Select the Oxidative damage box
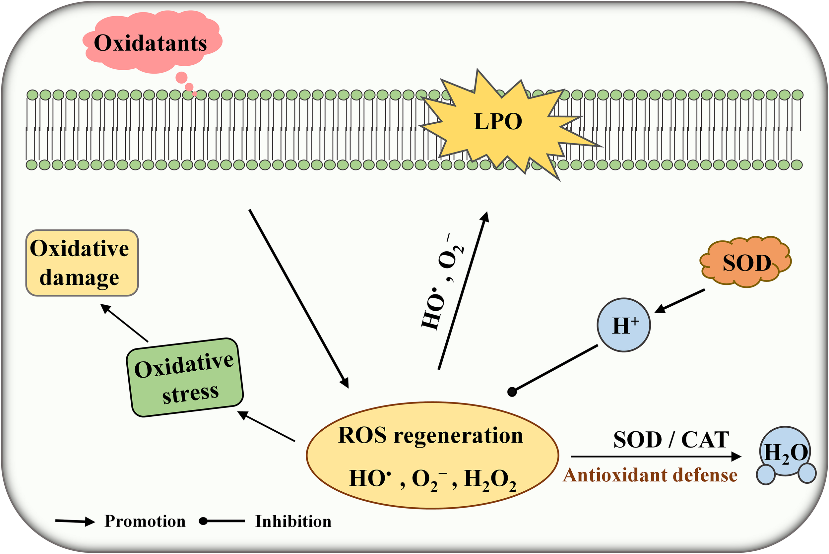coord(82,263)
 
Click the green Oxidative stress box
coord(185,377)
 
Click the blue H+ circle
coord(624,325)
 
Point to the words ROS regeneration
coord(430,435)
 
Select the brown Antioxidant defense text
coord(650,475)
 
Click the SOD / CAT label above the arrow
coord(671,440)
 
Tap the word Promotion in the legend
coord(145,521)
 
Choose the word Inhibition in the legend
coord(293,522)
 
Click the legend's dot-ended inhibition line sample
coord(222,521)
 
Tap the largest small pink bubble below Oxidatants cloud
coord(182,77)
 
